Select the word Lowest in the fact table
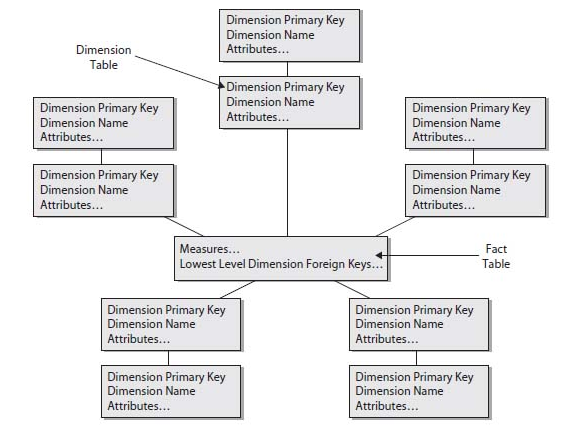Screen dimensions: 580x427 pyautogui.click(x=198, y=264)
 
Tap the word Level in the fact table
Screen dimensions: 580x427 pyautogui.click(x=232, y=264)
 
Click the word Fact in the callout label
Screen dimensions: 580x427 pyautogui.click(x=496, y=249)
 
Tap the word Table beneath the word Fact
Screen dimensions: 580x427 pyautogui.click(x=496, y=264)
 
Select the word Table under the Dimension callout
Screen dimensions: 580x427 pyautogui.click(x=104, y=65)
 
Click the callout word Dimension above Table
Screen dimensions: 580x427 pyautogui.click(x=104, y=50)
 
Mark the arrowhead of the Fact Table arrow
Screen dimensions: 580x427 pyautogui.click(x=379, y=255)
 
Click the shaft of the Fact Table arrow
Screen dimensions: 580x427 pyautogui.click(x=430, y=255)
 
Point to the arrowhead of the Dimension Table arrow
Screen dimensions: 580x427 pyautogui.click(x=222, y=85)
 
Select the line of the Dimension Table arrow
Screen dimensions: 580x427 pyautogui.click(x=178, y=71)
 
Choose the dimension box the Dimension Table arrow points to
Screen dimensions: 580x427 pyautogui.click(x=289, y=102)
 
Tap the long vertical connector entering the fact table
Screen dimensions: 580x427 pyautogui.click(x=287, y=182)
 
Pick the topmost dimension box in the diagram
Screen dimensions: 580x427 pyautogui.click(x=289, y=36)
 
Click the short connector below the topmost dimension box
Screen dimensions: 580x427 pyautogui.click(x=287, y=69)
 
